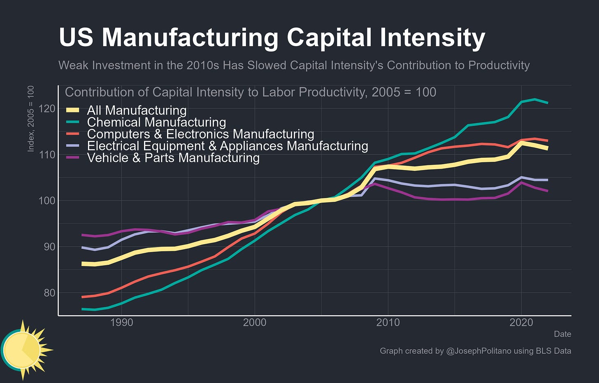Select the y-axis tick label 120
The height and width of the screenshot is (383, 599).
click(x=47, y=109)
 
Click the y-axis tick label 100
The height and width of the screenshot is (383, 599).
click(x=47, y=201)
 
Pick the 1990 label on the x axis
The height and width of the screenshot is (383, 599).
click(x=121, y=322)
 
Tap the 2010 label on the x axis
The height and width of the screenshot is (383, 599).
click(x=388, y=322)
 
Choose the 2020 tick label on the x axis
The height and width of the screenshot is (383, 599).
click(x=521, y=322)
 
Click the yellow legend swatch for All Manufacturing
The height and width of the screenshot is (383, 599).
click(x=72, y=110)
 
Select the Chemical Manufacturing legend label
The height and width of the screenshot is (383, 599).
click(x=156, y=122)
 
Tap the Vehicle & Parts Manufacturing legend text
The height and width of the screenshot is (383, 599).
click(x=173, y=158)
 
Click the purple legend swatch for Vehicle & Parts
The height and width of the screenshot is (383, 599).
click(x=72, y=157)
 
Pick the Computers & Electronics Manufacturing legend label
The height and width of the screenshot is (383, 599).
click(x=201, y=134)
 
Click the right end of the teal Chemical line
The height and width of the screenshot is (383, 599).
click(x=548, y=103)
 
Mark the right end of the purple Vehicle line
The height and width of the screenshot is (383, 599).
click(x=548, y=191)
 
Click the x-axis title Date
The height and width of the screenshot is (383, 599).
click(x=562, y=334)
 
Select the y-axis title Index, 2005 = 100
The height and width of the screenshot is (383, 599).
click(x=31, y=119)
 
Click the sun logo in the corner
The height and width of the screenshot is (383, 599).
click(x=26, y=350)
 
